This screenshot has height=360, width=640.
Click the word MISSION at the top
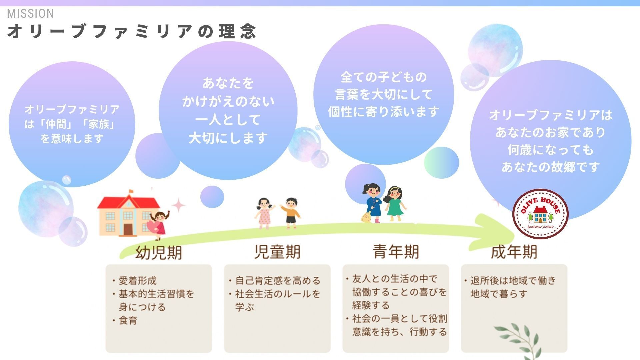pos(30,14)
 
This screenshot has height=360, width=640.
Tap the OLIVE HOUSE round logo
pos(540,214)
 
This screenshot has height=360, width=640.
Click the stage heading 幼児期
pos(159,252)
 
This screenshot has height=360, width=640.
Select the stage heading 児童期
pos(277,252)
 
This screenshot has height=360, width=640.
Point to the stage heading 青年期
pos(396,251)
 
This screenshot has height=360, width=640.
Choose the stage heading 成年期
pos(514,252)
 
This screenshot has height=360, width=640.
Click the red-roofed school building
pos(128,213)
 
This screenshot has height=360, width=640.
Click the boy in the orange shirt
pos(291,213)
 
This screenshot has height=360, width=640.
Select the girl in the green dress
pos(395,204)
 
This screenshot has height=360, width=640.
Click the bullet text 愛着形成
pos(138,281)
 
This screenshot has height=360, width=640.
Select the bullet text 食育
pos(128,321)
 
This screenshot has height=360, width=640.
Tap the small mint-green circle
pos(441,163)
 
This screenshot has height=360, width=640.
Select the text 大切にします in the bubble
pos(228,138)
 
